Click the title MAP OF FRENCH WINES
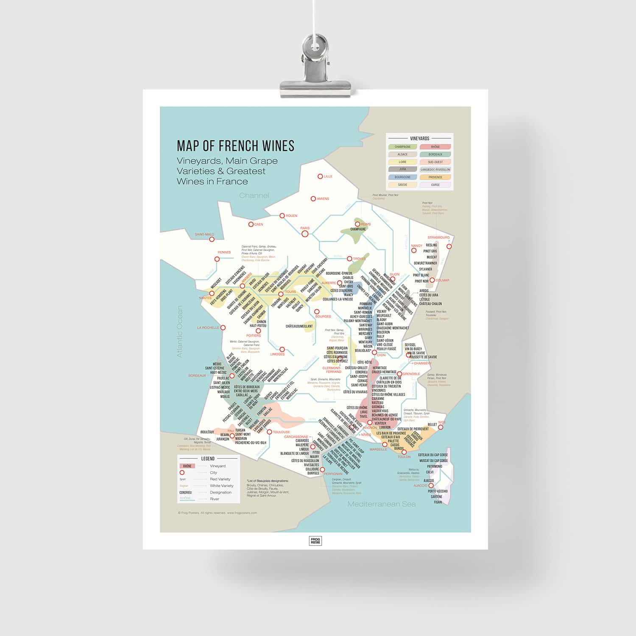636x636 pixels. pos(235,145)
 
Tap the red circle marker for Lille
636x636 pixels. pos(321,176)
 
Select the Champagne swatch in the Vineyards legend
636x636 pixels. pos(402,147)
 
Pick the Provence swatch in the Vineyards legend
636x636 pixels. pos(435,177)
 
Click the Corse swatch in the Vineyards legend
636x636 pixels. pos(435,185)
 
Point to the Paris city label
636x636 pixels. pos(305,228)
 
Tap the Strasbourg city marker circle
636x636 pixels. pos(449,246)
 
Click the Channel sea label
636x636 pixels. pos(254,195)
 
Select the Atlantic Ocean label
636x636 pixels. pos(179,331)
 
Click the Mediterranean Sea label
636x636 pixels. pos(381,504)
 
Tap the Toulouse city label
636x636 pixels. pos(282,432)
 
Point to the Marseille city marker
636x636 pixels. pos(385,444)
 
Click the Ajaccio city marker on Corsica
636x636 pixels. pos(431,485)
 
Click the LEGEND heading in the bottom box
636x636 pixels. pos(208,458)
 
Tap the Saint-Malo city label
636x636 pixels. pos(204,234)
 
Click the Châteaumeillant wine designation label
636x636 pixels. pos(299,326)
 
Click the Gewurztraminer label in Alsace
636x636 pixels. pos(425,263)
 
